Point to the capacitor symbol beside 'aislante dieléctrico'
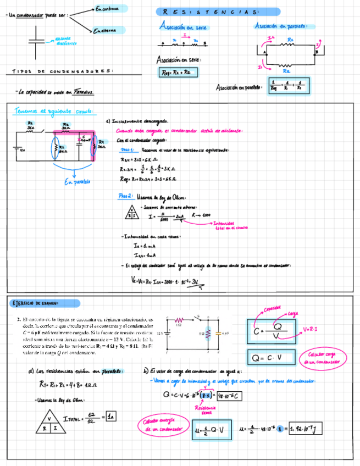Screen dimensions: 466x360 click(37, 40)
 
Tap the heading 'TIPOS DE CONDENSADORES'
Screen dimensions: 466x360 click(63, 71)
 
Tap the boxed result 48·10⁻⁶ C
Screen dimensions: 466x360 click(230, 395)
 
